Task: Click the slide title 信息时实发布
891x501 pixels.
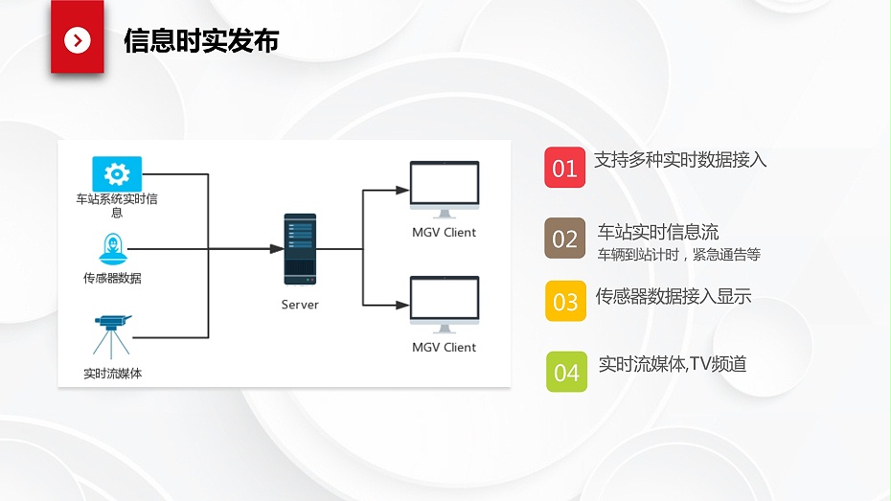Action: coord(201,41)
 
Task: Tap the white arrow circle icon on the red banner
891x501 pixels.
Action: coord(77,40)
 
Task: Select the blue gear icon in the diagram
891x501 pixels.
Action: coord(117,173)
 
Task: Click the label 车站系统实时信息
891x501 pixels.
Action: coord(117,206)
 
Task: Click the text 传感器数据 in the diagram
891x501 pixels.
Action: coord(112,279)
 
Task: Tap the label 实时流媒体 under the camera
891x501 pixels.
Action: coord(112,374)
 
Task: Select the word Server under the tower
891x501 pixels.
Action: coord(300,305)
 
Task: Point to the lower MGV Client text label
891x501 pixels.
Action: coord(444,347)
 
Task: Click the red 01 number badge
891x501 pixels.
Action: coord(565,168)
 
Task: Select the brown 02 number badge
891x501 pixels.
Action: coord(565,239)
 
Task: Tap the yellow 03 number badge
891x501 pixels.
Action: coord(565,301)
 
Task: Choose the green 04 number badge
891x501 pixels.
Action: coord(566,372)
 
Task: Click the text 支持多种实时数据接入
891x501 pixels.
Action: coord(680,160)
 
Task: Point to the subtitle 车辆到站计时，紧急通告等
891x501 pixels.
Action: coord(679,255)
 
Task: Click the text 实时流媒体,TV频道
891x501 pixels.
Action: coord(672,364)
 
